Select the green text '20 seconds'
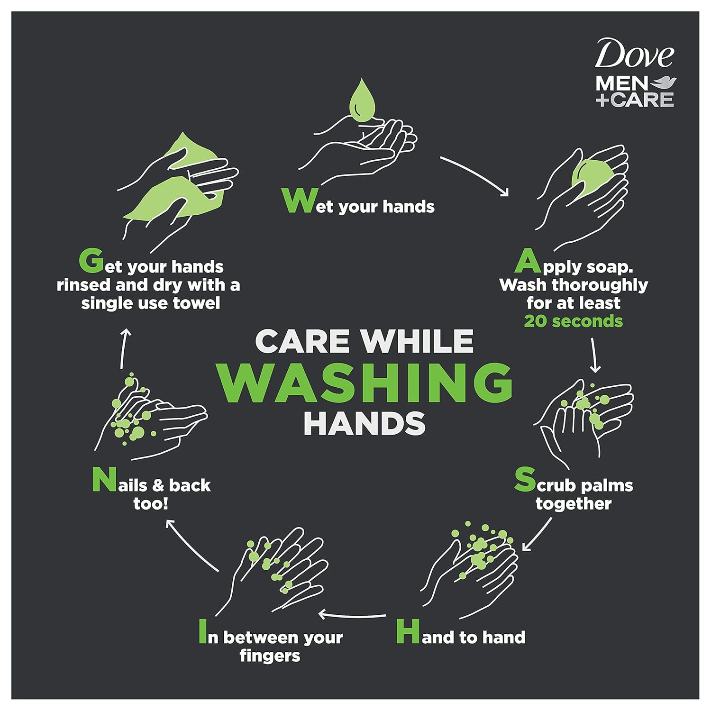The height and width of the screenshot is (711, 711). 573,321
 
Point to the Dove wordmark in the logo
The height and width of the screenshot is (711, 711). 634,54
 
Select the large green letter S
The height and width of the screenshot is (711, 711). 525,480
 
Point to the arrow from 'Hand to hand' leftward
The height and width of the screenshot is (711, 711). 352,615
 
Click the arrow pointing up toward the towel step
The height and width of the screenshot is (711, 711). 125,348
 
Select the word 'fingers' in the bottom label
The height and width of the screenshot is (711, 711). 270,656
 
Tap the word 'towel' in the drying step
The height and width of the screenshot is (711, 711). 196,303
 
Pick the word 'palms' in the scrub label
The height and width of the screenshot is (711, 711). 606,486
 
